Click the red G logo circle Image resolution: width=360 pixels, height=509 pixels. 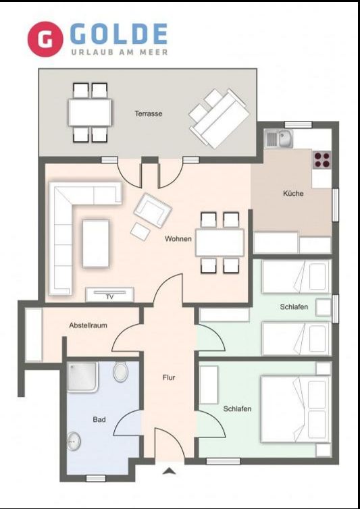pos(45,39)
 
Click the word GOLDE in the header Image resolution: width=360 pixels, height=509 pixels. pos(119,34)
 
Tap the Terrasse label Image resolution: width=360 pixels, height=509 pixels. pos(149,113)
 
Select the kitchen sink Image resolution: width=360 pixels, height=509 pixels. pos(279,138)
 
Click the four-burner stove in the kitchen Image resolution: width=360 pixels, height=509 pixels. pos(322,159)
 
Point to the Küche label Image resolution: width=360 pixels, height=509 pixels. pos(293,194)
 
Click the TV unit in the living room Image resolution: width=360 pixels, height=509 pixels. pos(109,294)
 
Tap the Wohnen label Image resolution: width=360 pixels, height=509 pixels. pos(178,239)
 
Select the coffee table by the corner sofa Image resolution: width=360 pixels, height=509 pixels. pos(95,244)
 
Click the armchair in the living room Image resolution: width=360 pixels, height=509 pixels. pos(153,210)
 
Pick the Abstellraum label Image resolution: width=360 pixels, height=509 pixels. pos(88,325)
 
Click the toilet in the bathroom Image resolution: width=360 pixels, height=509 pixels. pos(120,371)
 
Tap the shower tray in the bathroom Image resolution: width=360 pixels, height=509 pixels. pos(82,377)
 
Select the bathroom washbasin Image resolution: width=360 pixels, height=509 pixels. pos(74,441)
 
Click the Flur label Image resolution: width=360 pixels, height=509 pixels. pos(169,377)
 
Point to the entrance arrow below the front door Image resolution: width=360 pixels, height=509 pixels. pos(169,471)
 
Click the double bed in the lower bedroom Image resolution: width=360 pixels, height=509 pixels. pos(296,409)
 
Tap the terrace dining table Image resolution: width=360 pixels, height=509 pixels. pos(90,112)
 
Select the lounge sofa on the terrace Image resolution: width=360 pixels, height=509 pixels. pos(220,119)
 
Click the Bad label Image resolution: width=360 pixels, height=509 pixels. pos(99,419)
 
